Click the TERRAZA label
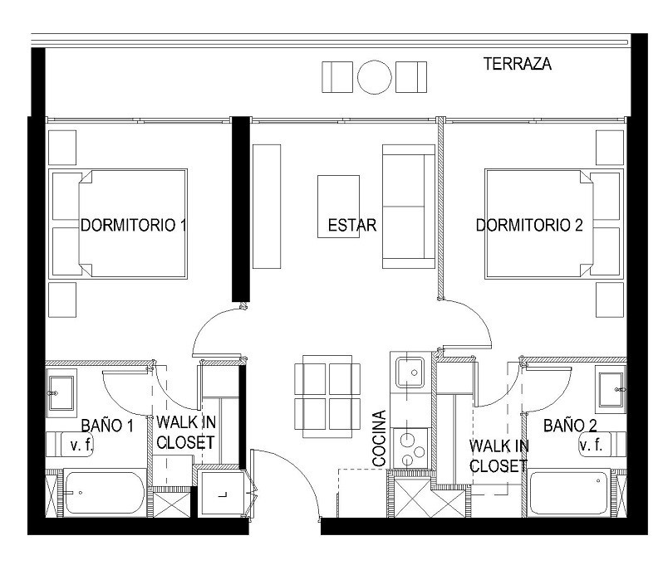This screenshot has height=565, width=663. pyautogui.click(x=517, y=64)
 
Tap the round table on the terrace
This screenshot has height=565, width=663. pyautogui.click(x=374, y=77)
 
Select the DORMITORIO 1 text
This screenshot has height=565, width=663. pyautogui.click(x=134, y=225)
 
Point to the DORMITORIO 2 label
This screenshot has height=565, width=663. pyautogui.click(x=529, y=225)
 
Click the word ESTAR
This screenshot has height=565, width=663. pyautogui.click(x=352, y=225)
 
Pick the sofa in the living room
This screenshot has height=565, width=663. pyautogui.click(x=409, y=207)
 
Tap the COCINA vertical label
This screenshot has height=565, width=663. pyautogui.click(x=380, y=438)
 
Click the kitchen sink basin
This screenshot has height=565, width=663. pyautogui.click(x=410, y=373)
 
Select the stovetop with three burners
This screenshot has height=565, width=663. pyautogui.click(x=410, y=448)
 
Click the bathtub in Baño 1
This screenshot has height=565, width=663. pyautogui.click(x=105, y=493)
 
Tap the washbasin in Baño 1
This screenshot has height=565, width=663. pyautogui.click(x=61, y=393)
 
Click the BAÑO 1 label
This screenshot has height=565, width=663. pyautogui.click(x=107, y=426)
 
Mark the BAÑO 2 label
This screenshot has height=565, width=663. pyautogui.click(x=570, y=426)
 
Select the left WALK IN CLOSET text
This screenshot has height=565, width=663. pyautogui.click(x=186, y=432)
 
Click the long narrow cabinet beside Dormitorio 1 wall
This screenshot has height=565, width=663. pyautogui.click(x=267, y=207)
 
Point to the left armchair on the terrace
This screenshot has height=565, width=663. pyautogui.click(x=337, y=77)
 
